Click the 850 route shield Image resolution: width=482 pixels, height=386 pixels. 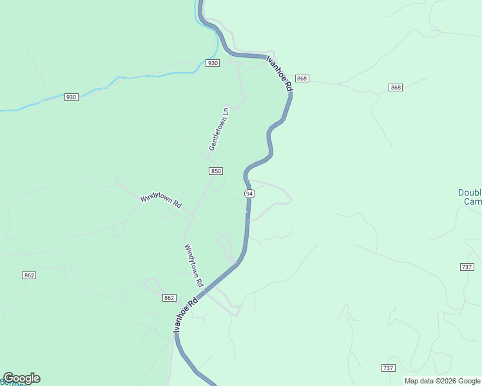pyautogui.click(x=216, y=170)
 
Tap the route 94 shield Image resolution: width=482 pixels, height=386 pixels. pyautogui.click(x=249, y=194)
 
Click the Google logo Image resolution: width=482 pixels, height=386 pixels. pyautogui.click(x=21, y=378)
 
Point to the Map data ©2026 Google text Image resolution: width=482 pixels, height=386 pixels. pyautogui.click(x=442, y=381)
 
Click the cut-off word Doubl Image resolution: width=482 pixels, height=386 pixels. pyautogui.click(x=469, y=192)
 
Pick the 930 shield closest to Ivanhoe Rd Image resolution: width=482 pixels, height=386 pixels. pyautogui.click(x=213, y=62)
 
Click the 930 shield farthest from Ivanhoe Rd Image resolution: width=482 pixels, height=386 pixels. pyautogui.click(x=71, y=97)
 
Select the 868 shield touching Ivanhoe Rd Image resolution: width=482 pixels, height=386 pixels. pyautogui.click(x=303, y=78)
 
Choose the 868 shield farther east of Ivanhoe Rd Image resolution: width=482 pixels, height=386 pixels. pyautogui.click(x=396, y=87)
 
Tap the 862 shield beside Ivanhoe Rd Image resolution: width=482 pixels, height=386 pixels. pyautogui.click(x=169, y=298)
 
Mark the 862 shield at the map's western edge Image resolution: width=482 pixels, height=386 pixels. pyautogui.click(x=28, y=275)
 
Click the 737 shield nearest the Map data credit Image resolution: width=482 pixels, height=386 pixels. pyautogui.click(x=388, y=367)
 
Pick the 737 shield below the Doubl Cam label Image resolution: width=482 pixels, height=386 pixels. pyautogui.click(x=467, y=267)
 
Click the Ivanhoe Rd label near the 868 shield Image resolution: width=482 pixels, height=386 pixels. pyautogui.click(x=280, y=72)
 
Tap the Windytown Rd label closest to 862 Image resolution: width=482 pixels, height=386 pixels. pyautogui.click(x=193, y=265)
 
